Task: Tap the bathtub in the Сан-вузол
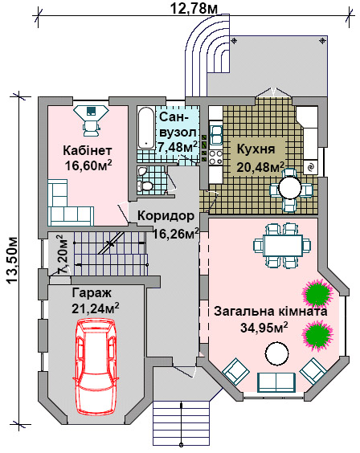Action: click(x=145, y=128)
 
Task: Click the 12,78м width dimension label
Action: click(x=194, y=8)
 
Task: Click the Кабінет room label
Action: click(x=88, y=150)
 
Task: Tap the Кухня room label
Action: click(x=256, y=149)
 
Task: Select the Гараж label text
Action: click(x=92, y=293)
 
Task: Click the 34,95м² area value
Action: click(x=264, y=328)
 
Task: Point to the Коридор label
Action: click(x=166, y=216)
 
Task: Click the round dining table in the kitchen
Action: click(x=290, y=188)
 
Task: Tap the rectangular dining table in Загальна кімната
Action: click(x=283, y=246)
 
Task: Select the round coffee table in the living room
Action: click(x=277, y=353)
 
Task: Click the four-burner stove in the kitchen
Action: click(x=215, y=157)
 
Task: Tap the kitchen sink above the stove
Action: click(x=216, y=135)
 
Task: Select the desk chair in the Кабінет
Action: click(x=92, y=128)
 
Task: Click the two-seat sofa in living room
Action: click(x=276, y=382)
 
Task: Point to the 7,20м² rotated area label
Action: click(x=63, y=255)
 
